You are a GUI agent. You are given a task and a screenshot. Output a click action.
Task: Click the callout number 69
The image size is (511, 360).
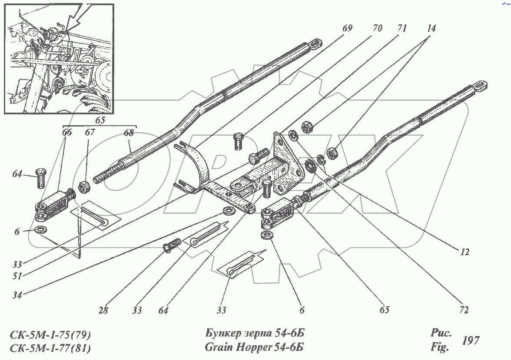click(347, 29)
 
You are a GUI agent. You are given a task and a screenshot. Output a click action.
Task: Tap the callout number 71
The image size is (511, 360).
click(402, 29)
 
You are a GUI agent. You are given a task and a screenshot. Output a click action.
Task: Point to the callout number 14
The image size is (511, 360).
click(431, 29)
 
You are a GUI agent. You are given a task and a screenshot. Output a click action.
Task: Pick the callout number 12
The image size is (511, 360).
click(465, 252)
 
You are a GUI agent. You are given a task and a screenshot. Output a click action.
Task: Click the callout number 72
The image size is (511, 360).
click(464, 310)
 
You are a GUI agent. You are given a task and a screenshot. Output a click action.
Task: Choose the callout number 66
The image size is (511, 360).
click(67, 133)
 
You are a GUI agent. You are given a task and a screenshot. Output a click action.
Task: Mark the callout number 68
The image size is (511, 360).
click(130, 133)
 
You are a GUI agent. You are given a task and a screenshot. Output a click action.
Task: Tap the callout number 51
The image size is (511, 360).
click(17, 275)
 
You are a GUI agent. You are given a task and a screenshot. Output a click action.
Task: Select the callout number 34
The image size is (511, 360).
click(17, 295)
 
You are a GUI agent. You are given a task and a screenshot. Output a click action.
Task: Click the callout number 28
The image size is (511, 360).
click(103, 310)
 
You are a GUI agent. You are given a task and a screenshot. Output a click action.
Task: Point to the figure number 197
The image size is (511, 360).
click(471, 340)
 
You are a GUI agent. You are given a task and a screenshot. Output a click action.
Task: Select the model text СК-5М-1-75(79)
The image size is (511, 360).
click(50, 335)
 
